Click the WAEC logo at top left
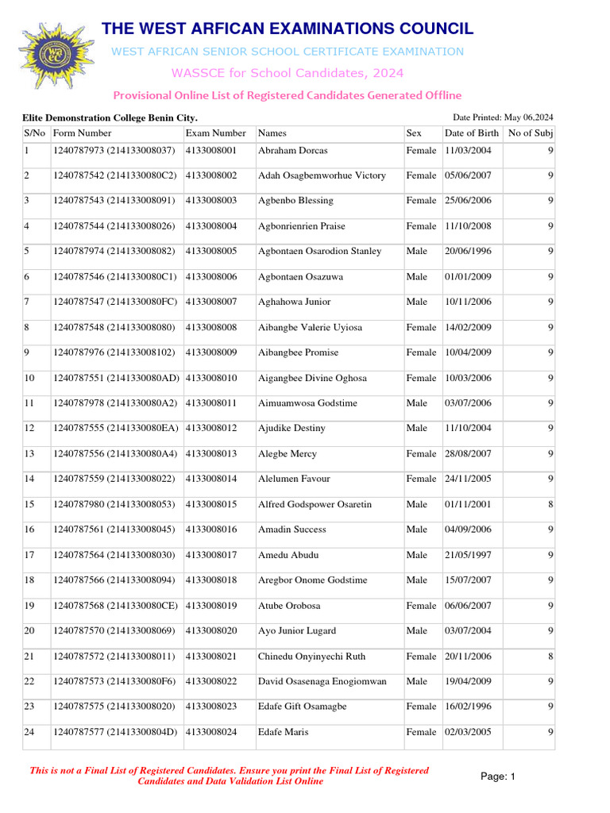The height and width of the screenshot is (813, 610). (x=56, y=56)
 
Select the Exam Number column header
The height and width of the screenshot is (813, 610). (x=215, y=133)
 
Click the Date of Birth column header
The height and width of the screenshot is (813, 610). (x=472, y=133)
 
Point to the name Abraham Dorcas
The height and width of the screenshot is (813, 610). (x=292, y=150)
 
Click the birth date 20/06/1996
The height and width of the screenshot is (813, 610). (x=468, y=252)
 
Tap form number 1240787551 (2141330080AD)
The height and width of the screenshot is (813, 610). (x=117, y=378)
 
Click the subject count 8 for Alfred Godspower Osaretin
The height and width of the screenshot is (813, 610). (x=550, y=505)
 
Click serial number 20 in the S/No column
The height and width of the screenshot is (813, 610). (x=30, y=631)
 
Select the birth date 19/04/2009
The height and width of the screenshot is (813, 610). (x=468, y=681)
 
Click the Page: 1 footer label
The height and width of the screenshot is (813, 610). (x=498, y=776)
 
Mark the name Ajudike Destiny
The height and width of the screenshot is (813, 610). (x=291, y=429)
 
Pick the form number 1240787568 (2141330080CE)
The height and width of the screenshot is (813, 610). (x=116, y=606)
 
